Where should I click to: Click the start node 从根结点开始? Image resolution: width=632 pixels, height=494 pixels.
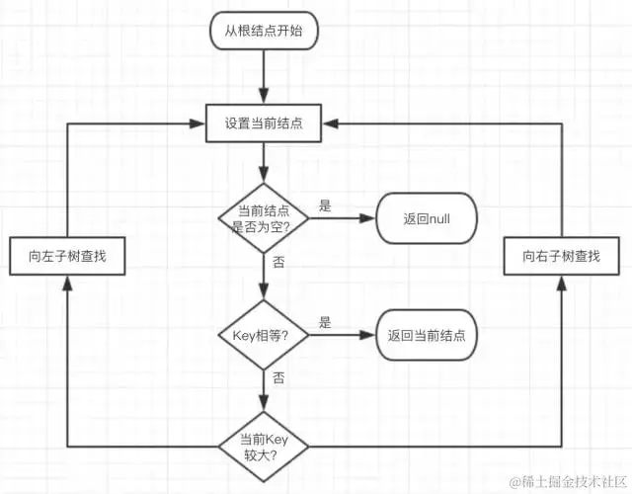coord(264,32)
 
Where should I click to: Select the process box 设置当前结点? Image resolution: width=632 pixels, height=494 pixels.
coord(264,123)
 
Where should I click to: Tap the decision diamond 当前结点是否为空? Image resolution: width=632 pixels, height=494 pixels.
coord(263,215)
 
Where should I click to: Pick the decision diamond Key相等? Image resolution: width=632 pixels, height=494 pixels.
coord(263,335)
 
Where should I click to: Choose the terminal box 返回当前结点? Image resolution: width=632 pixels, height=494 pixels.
coord(427,335)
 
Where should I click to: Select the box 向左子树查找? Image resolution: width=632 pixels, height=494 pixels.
coord(67,256)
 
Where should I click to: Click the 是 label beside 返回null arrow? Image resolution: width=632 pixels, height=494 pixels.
coord(325,206)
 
